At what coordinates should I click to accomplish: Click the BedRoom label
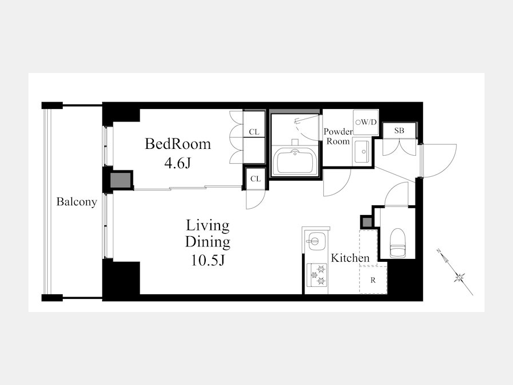[178, 144]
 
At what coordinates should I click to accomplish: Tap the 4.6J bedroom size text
[178, 163]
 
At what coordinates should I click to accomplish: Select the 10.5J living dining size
[207, 260]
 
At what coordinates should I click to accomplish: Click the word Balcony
[76, 202]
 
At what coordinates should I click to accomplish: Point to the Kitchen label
[350, 258]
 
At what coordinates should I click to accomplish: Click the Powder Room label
[338, 136]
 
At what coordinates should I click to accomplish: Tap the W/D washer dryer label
[367, 122]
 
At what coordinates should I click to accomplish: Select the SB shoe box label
[399, 131]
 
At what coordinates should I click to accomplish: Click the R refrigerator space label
[373, 280]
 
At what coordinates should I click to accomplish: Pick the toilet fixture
[398, 242]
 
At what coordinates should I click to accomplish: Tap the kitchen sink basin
[315, 242]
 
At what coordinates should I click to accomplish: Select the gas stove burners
[317, 274]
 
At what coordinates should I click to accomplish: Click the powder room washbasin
[361, 152]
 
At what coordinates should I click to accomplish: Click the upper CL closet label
[254, 132]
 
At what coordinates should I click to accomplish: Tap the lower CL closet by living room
[255, 179]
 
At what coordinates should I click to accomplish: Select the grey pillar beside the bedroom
[120, 180]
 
